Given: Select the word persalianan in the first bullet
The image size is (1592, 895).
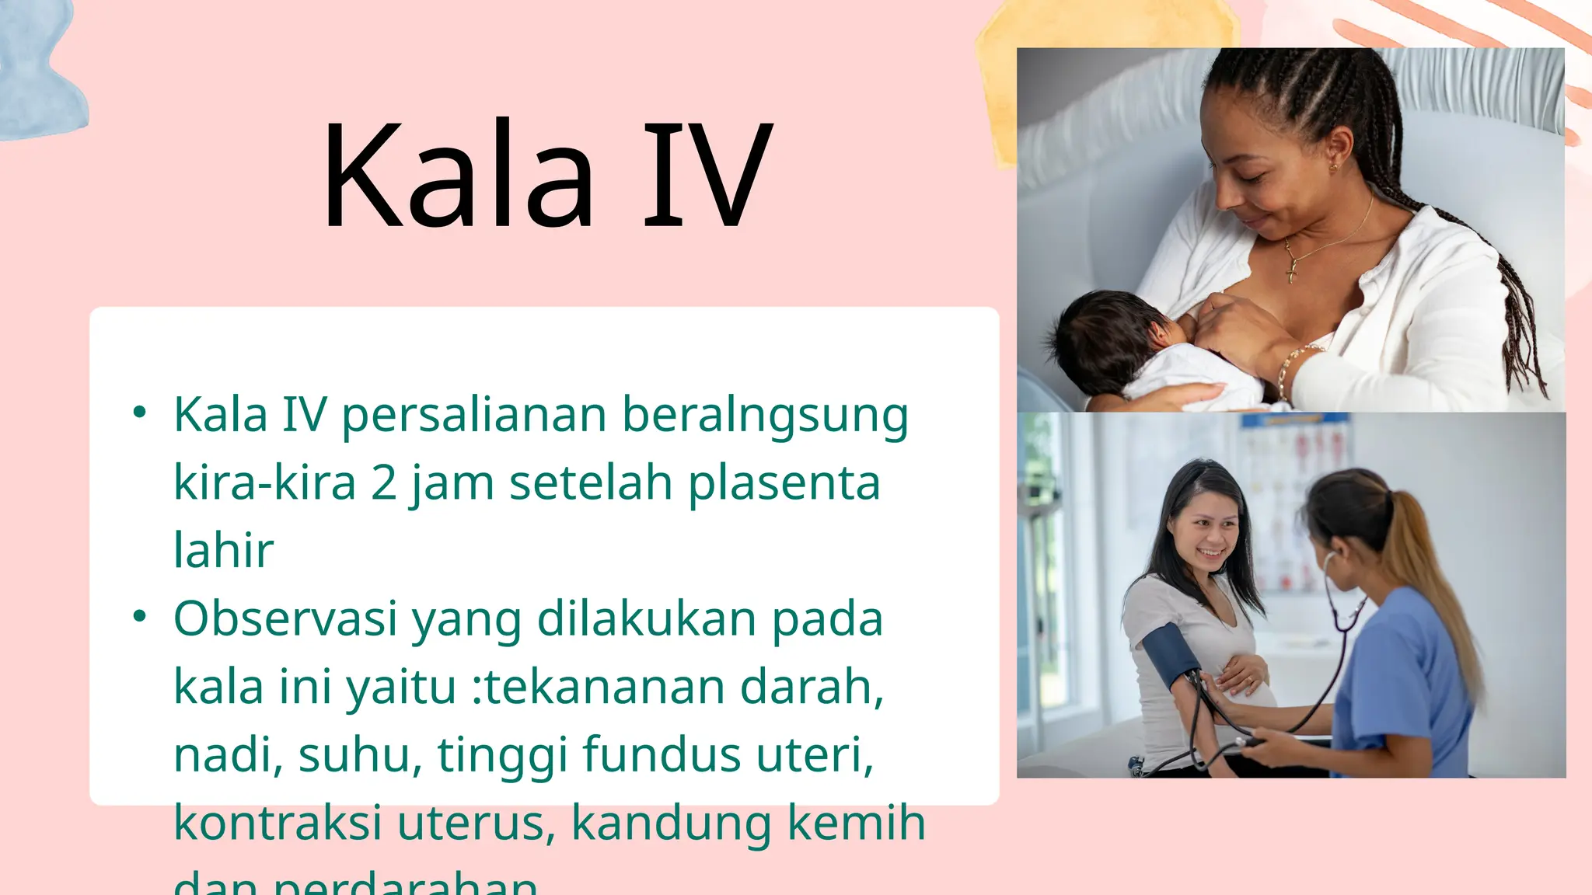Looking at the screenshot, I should pyautogui.click(x=474, y=416).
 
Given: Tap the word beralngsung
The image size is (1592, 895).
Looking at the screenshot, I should pyautogui.click(x=765, y=416).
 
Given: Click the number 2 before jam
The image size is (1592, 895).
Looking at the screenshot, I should pyautogui.click(x=383, y=482).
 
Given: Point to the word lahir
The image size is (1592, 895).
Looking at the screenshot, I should pyautogui.click(x=223, y=550).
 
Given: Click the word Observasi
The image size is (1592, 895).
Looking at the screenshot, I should pyautogui.click(x=285, y=619).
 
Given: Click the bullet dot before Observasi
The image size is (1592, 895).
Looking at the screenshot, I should pyautogui.click(x=139, y=617).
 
